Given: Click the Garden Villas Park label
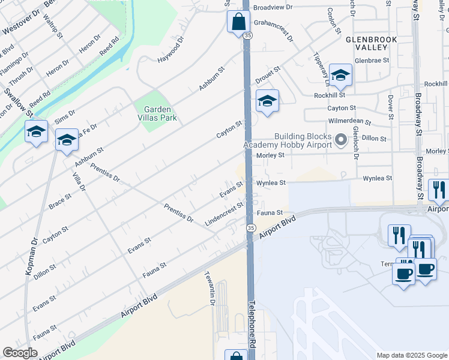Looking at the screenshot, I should coord(157,114).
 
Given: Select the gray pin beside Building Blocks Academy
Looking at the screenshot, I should coord(341,140).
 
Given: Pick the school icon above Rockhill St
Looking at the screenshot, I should coord(340,75).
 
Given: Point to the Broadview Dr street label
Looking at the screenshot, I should coord(273,8).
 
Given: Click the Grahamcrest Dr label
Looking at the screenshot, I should coord(274,28).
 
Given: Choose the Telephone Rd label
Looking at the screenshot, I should coord(253,325).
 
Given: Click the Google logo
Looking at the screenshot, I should coord(20,353).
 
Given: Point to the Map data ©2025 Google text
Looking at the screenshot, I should coord(411,355).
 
